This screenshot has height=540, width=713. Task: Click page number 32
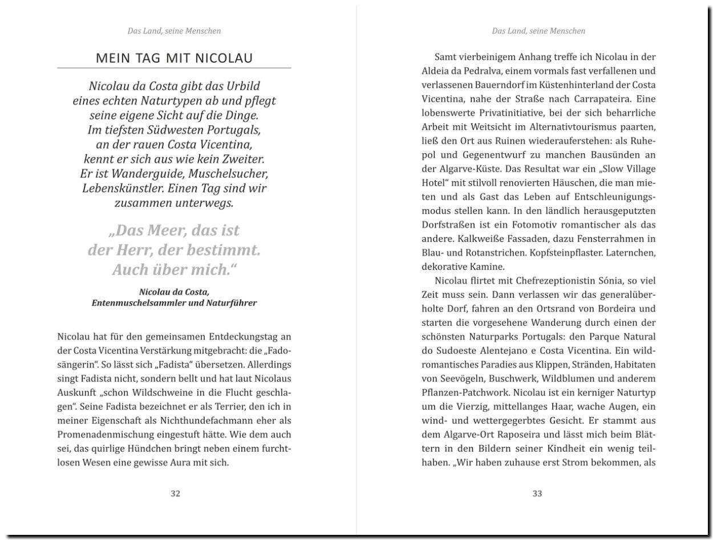tap(175, 494)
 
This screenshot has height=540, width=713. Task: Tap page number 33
tap(537, 494)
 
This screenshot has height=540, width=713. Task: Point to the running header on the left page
tap(174, 31)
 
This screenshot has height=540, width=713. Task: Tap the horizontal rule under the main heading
tap(174, 68)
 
